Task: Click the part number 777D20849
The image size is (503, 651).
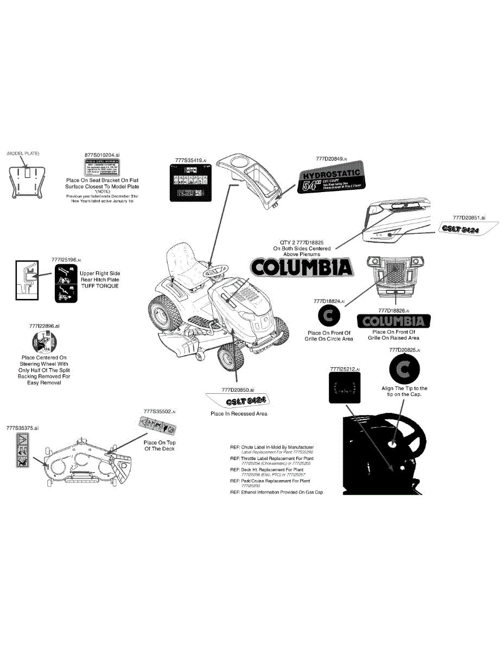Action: click(331, 158)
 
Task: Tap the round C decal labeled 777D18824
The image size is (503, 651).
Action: click(328, 316)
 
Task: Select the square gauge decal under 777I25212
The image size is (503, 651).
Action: click(345, 388)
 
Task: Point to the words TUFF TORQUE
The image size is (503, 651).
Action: click(99, 286)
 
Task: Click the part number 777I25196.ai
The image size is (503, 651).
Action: click(67, 260)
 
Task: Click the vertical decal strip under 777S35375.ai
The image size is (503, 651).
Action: click(22, 450)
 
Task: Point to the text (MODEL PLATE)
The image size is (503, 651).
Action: click(23, 154)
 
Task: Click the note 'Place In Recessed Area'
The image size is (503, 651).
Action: click(239, 413)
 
